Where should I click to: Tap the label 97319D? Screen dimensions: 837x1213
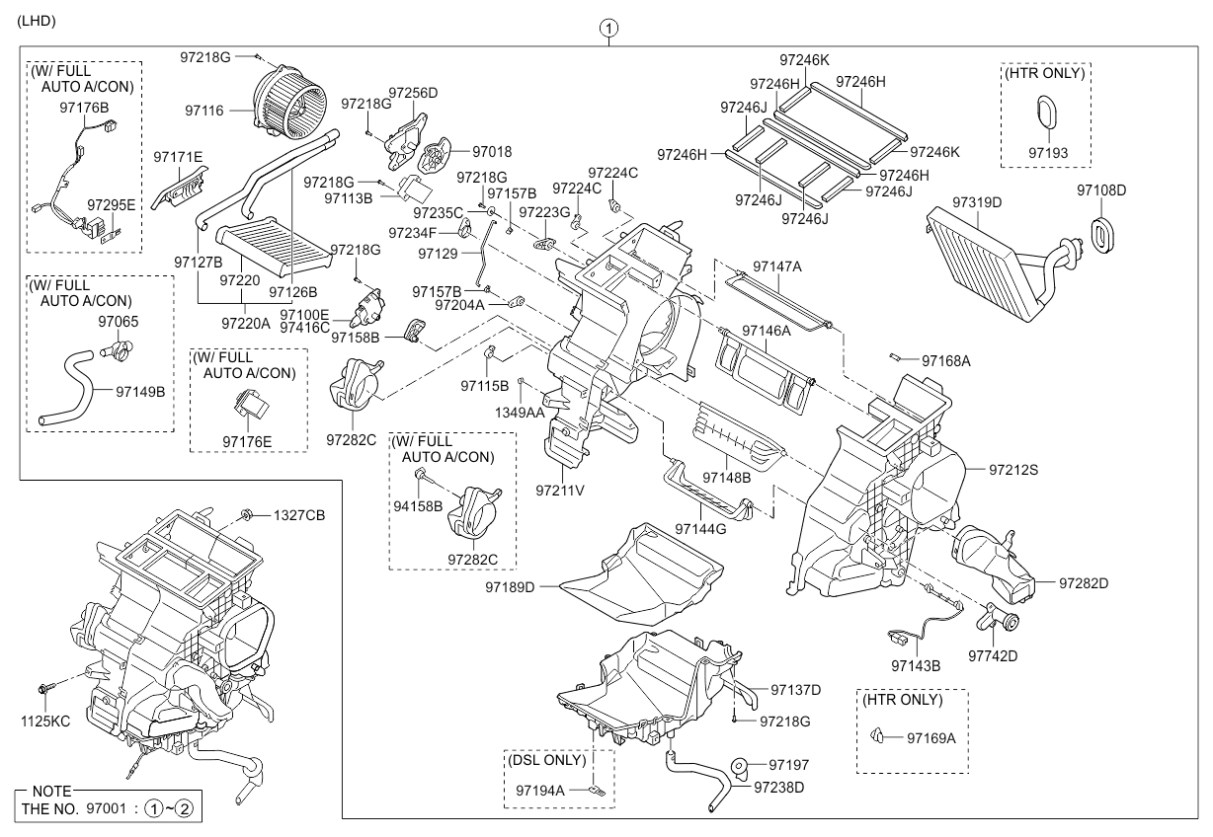[977, 201]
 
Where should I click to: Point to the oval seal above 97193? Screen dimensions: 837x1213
[1046, 113]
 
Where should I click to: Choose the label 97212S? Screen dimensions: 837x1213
[1013, 470]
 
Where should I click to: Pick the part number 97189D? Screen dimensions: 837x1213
[510, 587]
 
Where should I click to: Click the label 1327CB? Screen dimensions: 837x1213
[299, 514]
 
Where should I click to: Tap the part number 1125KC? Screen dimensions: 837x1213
[45, 722]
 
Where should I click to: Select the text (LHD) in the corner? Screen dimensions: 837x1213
[37, 20]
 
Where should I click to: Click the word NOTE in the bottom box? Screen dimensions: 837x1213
[52, 792]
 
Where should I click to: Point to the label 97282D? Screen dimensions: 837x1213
[1084, 583]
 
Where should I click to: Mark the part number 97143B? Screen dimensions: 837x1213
[915, 666]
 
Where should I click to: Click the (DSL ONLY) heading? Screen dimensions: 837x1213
[547, 760]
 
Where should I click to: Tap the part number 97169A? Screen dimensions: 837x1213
[931, 737]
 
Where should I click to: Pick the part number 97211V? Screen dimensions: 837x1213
[561, 489]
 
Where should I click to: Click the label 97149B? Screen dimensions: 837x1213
[139, 391]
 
